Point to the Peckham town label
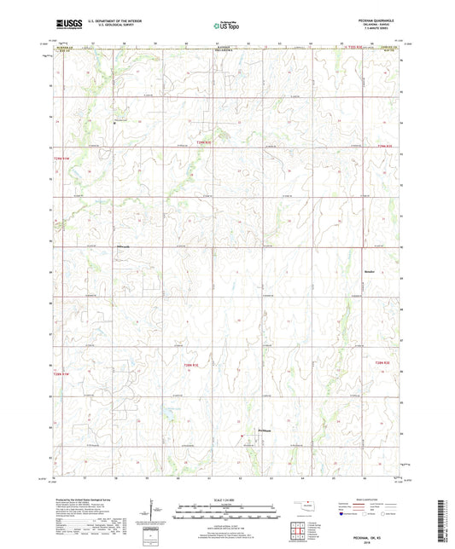265,430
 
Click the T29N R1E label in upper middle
202,142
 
